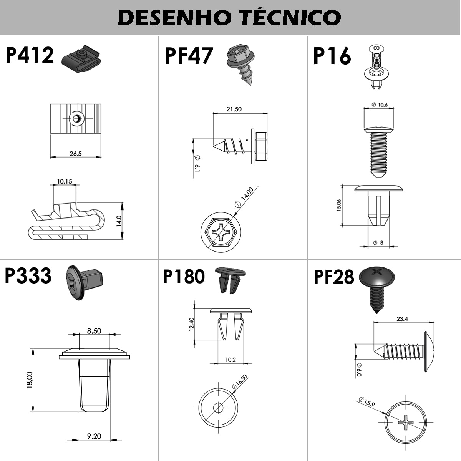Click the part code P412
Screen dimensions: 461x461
click(x=30, y=55)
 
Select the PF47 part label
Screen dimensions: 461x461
click(x=189, y=56)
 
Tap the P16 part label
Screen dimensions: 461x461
click(x=332, y=56)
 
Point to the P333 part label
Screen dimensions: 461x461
click(x=28, y=275)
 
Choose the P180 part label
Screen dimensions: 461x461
click(x=184, y=276)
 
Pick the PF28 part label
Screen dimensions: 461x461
click(x=334, y=277)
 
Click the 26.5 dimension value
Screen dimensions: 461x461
click(x=76, y=154)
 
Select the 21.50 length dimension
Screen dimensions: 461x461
click(x=234, y=109)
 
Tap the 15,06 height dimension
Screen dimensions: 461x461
click(x=339, y=205)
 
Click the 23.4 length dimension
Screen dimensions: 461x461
click(x=402, y=319)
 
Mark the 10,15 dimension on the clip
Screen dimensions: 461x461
click(x=65, y=182)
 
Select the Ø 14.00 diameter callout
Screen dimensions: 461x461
click(x=244, y=197)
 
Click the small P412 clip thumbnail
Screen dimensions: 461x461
click(x=81, y=59)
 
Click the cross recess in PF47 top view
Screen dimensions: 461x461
click(x=221, y=232)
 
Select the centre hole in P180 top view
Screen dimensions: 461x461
click(x=218, y=407)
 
